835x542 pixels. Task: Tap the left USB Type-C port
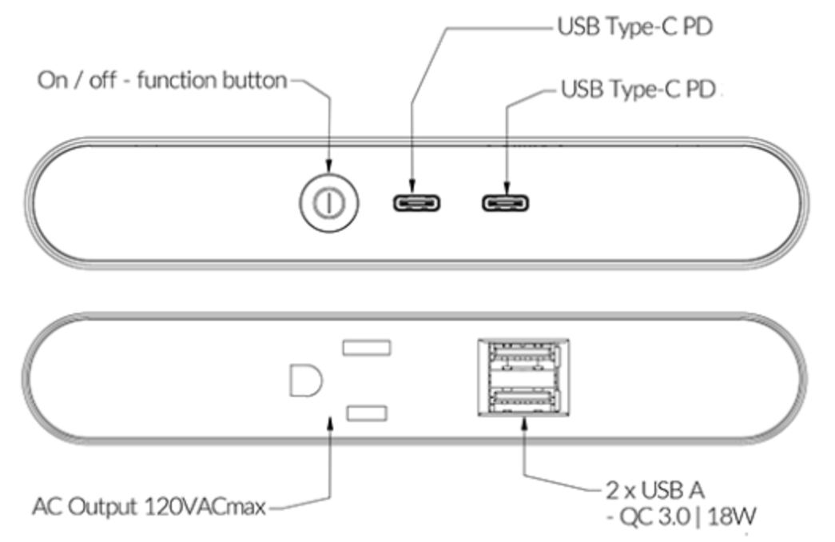pos(416,202)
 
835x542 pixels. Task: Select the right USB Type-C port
pos(505,202)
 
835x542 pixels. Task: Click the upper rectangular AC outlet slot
pos(366,347)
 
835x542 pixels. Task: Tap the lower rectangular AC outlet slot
pos(366,412)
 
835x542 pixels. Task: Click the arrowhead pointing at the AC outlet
pos(330,423)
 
